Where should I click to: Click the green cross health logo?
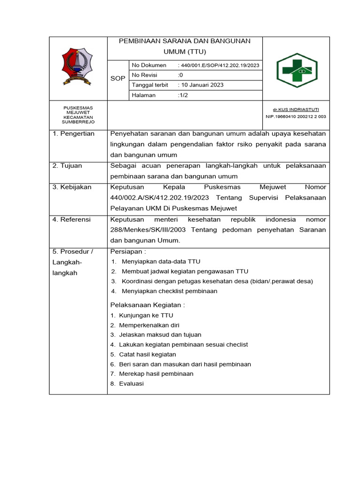pos(296,70)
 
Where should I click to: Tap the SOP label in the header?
pos(118,78)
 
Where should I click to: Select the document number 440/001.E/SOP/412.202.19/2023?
pos(219,65)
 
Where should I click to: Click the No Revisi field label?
pos(145,75)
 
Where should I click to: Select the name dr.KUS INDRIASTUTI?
pos(296,109)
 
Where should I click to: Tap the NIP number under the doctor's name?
pos(296,116)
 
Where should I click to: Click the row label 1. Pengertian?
pos(74,134)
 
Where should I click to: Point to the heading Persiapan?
pos(128,252)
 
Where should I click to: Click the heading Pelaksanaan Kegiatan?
pos(147,305)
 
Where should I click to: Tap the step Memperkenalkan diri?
pos(149,325)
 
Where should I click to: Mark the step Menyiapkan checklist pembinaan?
pos(169,291)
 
